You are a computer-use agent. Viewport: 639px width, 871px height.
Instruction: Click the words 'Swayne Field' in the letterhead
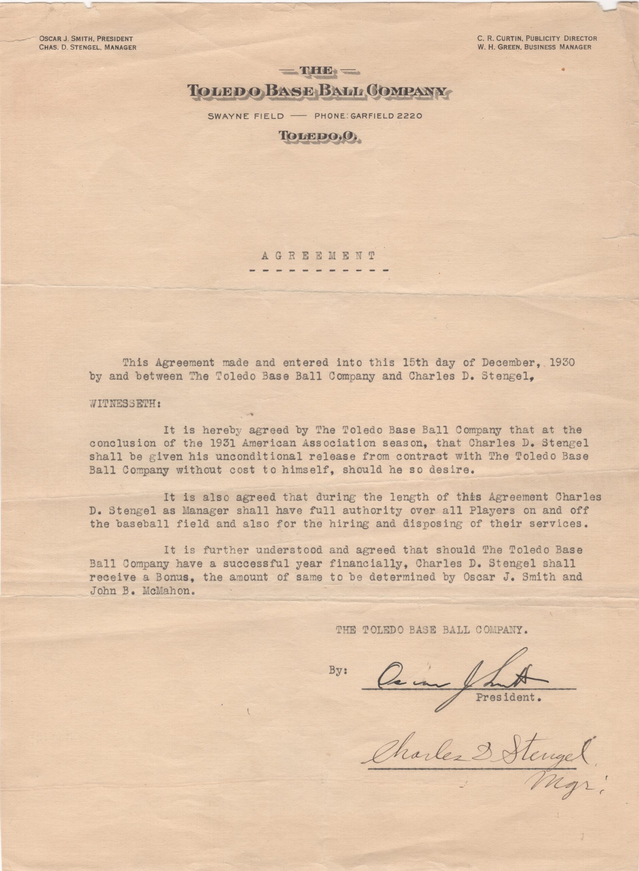tap(246, 116)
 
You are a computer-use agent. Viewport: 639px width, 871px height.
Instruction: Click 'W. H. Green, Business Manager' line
tap(534, 47)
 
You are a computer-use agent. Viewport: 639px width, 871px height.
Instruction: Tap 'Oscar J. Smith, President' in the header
tap(86, 39)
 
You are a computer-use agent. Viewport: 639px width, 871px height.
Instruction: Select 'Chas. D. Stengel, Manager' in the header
tap(87, 48)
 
